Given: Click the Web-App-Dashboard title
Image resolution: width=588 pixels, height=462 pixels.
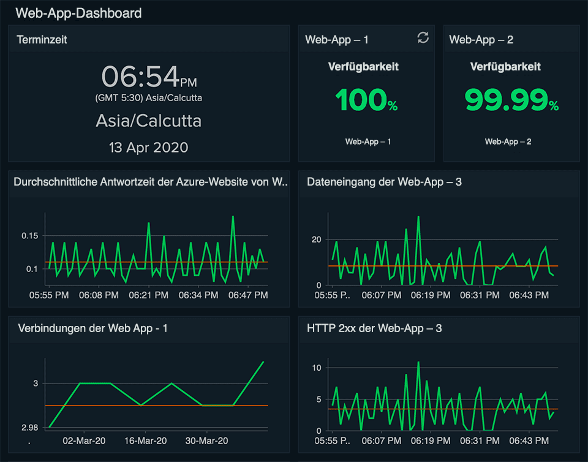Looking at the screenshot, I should point(78,13).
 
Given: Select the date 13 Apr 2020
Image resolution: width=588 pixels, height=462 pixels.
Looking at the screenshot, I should point(148,148).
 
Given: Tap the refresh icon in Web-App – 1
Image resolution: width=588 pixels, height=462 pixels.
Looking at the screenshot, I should point(423,38).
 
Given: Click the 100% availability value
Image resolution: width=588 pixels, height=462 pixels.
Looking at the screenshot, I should point(366,100).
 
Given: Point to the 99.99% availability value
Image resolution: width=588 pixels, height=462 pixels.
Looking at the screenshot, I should point(511,100).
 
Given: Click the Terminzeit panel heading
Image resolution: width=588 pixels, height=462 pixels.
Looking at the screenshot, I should point(42,40).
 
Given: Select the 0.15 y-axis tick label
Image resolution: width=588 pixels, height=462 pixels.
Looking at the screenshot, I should point(29,236).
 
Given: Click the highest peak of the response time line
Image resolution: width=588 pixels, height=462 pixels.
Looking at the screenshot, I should point(233,216).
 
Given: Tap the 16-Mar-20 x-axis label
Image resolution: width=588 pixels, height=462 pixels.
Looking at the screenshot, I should point(145,441).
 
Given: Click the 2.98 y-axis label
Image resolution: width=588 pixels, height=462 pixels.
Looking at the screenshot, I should point(29,428).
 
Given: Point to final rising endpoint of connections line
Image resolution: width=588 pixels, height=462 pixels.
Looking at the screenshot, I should point(263,362).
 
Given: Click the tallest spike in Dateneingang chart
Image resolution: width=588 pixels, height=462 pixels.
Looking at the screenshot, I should point(418,216).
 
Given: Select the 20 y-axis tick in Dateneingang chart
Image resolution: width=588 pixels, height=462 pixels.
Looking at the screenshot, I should point(317,240).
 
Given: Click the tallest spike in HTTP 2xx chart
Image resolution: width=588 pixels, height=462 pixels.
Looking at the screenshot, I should point(418,362).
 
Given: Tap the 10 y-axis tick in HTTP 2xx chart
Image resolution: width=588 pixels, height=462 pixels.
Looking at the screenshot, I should point(317,368).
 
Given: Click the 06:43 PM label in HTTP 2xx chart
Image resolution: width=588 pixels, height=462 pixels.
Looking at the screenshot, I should point(529,441).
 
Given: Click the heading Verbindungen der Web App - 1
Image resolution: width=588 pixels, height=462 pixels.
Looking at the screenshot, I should point(92,328).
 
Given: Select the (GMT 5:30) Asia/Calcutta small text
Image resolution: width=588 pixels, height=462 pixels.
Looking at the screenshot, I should point(148,98).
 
